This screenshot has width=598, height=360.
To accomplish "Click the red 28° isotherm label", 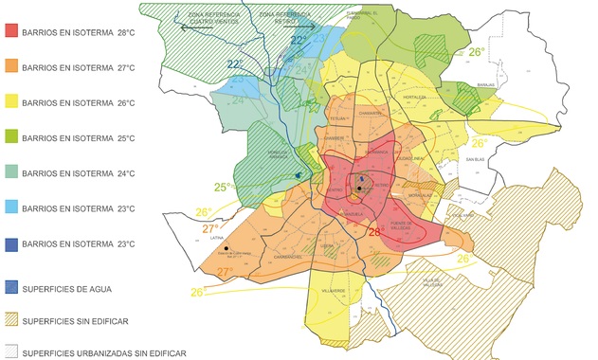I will [374, 231].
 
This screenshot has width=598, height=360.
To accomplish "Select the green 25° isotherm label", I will [224, 187].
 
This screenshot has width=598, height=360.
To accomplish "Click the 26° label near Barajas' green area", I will [477, 52].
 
